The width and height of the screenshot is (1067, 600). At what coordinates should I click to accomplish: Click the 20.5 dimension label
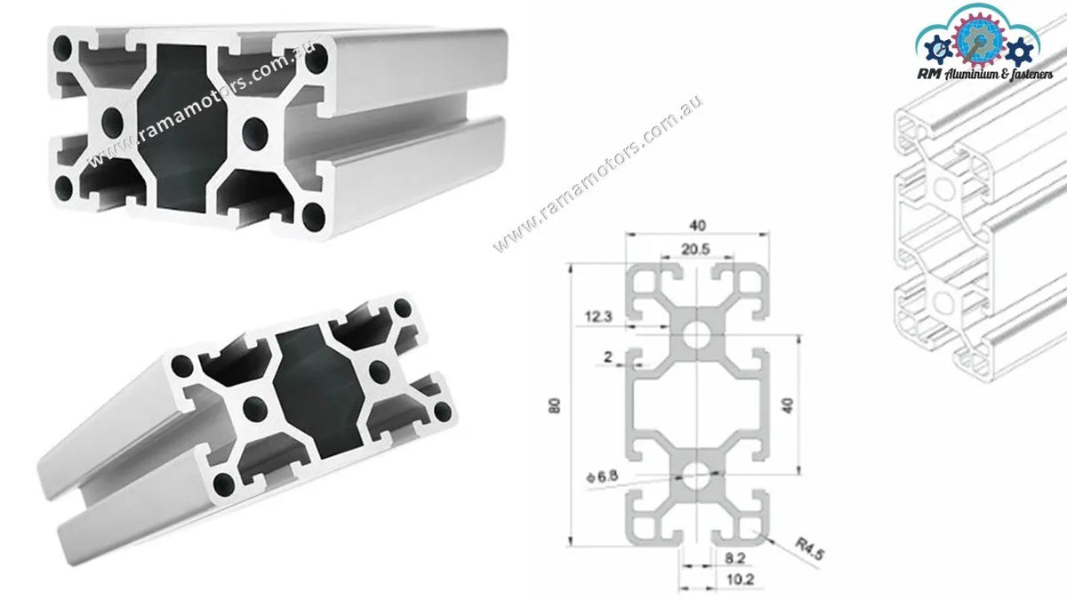696,251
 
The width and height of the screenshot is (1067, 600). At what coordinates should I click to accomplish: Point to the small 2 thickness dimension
607,357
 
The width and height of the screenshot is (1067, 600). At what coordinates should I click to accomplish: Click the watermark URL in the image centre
598,173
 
